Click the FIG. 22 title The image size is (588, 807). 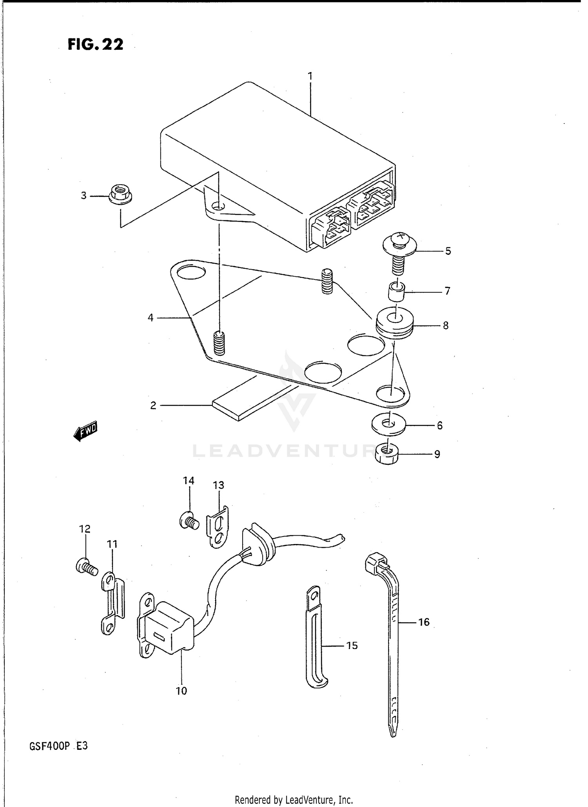[95, 44]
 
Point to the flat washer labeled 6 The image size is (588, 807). [388, 424]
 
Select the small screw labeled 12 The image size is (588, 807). [86, 567]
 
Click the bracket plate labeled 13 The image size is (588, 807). [217, 527]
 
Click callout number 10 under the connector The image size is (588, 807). [181, 691]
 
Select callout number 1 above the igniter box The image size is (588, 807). [310, 76]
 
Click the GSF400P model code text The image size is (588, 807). [50, 746]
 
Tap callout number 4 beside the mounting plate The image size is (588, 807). [151, 317]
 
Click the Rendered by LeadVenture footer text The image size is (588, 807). [294, 800]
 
